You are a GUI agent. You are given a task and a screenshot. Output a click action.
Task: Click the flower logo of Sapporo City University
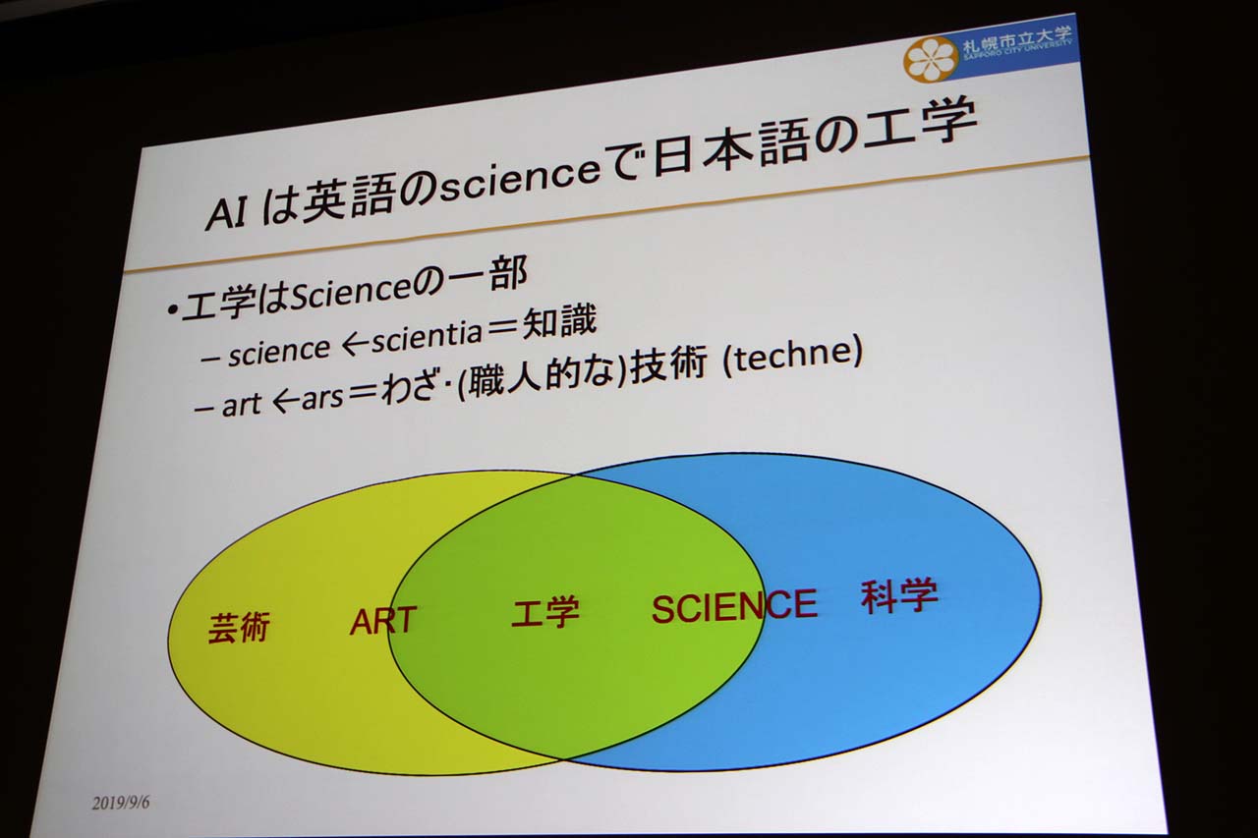pyautogui.click(x=930, y=58)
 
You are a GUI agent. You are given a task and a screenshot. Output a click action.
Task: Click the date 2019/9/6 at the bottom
pyautogui.click(x=121, y=803)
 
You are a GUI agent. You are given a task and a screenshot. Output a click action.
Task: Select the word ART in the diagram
pyautogui.click(x=383, y=620)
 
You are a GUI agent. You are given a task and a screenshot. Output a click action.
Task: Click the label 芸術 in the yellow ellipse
pyautogui.click(x=239, y=627)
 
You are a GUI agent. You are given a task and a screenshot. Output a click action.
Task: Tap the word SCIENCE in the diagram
pyautogui.click(x=734, y=605)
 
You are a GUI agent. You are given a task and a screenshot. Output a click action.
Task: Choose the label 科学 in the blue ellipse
pyautogui.click(x=899, y=596)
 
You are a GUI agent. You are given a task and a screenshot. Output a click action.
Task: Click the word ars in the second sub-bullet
pyautogui.click(x=321, y=399)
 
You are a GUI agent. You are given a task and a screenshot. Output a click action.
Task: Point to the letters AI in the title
pyautogui.click(x=226, y=212)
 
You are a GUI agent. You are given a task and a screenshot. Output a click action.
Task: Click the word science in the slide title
pyautogui.click(x=520, y=181)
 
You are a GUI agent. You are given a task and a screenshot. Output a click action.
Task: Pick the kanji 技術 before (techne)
pyautogui.click(x=669, y=367)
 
